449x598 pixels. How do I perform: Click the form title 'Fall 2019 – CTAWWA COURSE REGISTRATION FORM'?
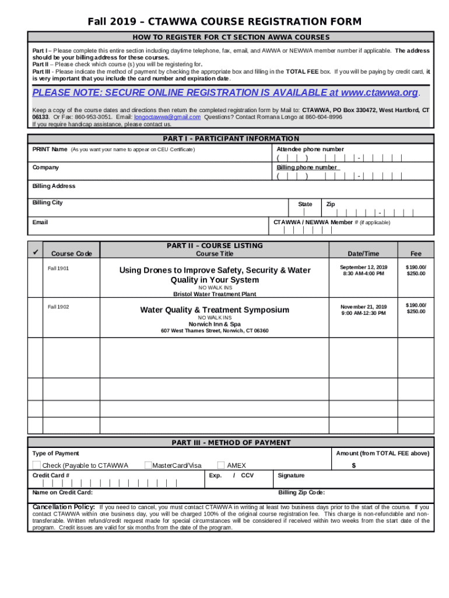[x=224, y=22]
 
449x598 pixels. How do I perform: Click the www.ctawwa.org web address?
[x=380, y=93]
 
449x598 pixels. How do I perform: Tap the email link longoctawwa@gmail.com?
[x=167, y=117]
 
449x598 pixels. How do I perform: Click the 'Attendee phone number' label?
[x=310, y=149]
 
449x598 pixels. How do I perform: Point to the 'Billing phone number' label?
[x=307, y=168]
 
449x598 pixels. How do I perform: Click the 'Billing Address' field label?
[x=54, y=186]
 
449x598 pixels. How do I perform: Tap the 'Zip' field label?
[x=331, y=204]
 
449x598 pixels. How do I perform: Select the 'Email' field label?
[x=40, y=222]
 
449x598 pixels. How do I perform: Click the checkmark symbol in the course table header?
[x=36, y=252]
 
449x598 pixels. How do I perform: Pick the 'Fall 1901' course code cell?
[x=58, y=269]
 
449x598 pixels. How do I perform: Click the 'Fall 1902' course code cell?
[x=58, y=307]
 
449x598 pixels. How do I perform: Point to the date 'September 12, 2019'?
[x=364, y=267]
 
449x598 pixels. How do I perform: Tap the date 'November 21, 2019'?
[x=364, y=307]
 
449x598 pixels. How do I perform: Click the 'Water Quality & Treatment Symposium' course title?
[x=215, y=310]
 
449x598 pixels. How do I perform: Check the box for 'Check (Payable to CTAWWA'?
[x=37, y=465]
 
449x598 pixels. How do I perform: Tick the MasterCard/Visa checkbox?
[x=148, y=465]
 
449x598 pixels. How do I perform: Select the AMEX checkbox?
[x=221, y=465]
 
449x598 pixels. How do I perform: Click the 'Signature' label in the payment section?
[x=291, y=475]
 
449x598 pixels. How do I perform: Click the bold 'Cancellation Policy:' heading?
[x=64, y=507]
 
